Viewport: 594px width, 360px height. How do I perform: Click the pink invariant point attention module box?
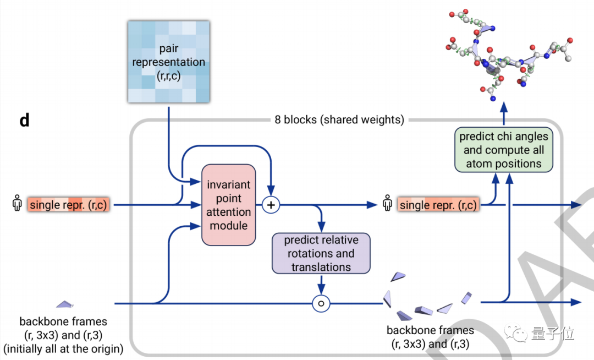click(x=229, y=205)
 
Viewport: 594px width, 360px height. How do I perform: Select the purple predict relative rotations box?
click(x=321, y=254)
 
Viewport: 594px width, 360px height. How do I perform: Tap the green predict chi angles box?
click(x=503, y=150)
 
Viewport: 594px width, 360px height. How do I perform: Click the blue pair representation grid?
click(x=168, y=62)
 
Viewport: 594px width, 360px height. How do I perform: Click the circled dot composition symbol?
click(x=321, y=303)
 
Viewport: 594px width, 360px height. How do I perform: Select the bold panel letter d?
click(x=24, y=121)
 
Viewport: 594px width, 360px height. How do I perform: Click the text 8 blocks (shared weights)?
click(x=339, y=120)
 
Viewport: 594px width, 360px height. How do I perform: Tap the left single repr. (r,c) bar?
click(x=69, y=205)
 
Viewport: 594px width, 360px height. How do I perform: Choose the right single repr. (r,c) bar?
click(x=438, y=205)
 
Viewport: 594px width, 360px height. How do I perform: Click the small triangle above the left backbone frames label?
click(x=64, y=303)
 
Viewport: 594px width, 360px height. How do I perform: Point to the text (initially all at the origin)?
click(x=63, y=348)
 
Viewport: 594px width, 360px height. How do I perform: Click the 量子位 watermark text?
click(x=552, y=333)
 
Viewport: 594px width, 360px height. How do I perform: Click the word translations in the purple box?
click(x=321, y=267)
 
